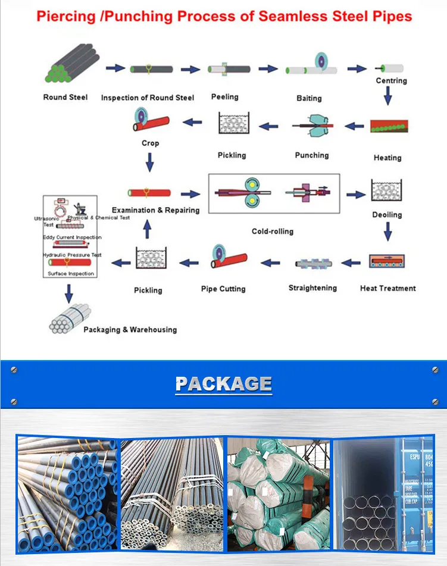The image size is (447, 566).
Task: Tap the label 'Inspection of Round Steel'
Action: click(x=148, y=98)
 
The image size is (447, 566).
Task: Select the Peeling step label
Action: click(x=224, y=96)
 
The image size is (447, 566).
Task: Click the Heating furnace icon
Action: click(x=389, y=127)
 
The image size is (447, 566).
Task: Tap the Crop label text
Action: click(x=150, y=143)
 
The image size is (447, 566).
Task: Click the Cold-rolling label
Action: click(x=273, y=231)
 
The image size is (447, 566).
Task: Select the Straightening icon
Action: click(x=313, y=262)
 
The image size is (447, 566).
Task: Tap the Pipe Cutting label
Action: click(x=223, y=289)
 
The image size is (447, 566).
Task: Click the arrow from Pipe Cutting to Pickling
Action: click(x=189, y=261)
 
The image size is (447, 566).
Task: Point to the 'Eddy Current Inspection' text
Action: click(x=72, y=237)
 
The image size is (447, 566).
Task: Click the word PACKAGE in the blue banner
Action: click(x=224, y=384)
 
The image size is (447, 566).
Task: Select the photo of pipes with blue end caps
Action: click(x=67, y=493)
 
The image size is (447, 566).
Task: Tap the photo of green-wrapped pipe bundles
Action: click(x=277, y=493)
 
